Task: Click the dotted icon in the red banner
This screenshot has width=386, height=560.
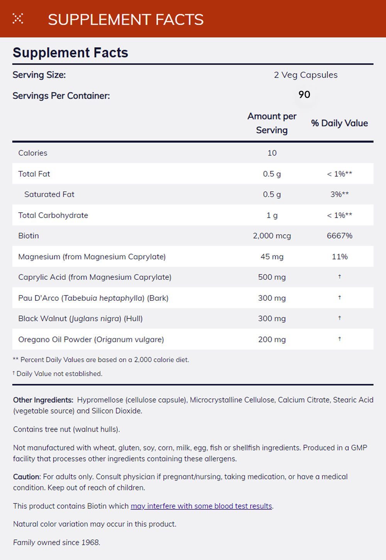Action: pyautogui.click(x=18, y=19)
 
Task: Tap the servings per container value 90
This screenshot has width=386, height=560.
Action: pyautogui.click(x=304, y=95)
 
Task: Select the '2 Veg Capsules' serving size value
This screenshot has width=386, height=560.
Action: pyautogui.click(x=306, y=75)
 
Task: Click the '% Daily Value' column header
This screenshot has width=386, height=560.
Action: pyautogui.click(x=339, y=123)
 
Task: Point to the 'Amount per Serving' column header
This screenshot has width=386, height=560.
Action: pyautogui.click(x=272, y=123)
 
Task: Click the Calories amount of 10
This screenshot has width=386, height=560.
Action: pyautogui.click(x=272, y=153)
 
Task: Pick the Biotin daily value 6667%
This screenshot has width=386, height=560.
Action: pyautogui.click(x=339, y=236)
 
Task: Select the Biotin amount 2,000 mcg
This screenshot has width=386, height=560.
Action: pyautogui.click(x=272, y=236)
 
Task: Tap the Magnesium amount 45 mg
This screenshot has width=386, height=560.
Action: pyautogui.click(x=272, y=257)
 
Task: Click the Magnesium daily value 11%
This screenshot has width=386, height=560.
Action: pyautogui.click(x=340, y=257)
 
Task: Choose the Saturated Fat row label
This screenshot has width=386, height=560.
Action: pyautogui.click(x=49, y=194)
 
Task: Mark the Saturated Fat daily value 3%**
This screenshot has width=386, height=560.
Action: pyautogui.click(x=339, y=194)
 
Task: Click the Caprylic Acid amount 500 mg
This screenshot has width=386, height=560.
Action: pyautogui.click(x=272, y=277)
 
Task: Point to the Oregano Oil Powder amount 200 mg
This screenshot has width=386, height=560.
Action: pyautogui.click(x=272, y=339)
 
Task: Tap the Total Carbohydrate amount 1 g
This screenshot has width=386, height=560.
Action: pyautogui.click(x=272, y=215)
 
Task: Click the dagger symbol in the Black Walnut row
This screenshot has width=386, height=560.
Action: pyautogui.click(x=340, y=318)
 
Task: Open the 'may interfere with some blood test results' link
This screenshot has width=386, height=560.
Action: pyautogui.click(x=201, y=506)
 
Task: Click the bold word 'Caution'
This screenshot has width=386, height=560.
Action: pyautogui.click(x=26, y=477)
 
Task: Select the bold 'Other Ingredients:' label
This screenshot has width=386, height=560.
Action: pyautogui.click(x=43, y=400)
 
